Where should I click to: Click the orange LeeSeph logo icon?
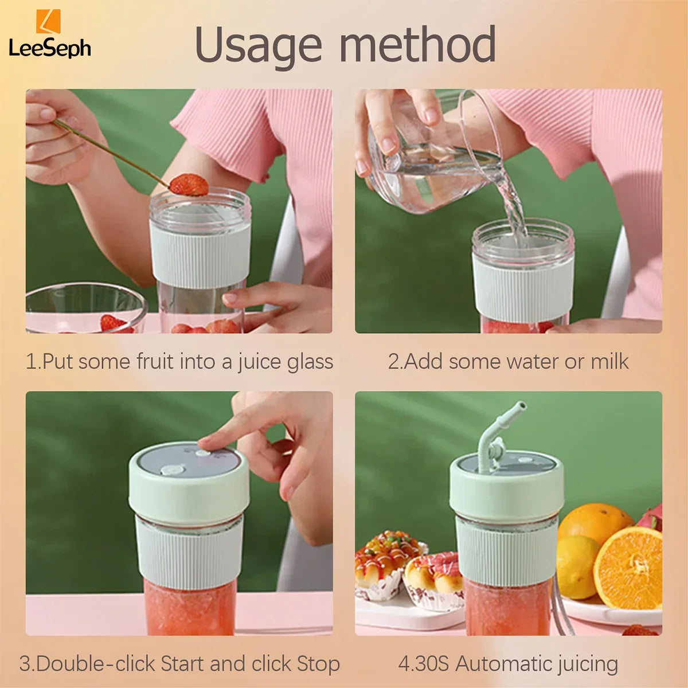[x=48, y=21]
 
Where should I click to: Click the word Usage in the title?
[x=258, y=45]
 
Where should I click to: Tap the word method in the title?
[x=418, y=45]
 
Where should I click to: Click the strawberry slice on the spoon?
[x=189, y=185]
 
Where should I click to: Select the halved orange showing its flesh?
[x=628, y=568]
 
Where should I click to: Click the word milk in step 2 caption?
[x=609, y=362]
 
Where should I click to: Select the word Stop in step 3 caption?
[x=318, y=664]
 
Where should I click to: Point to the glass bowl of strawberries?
[x=83, y=310]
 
